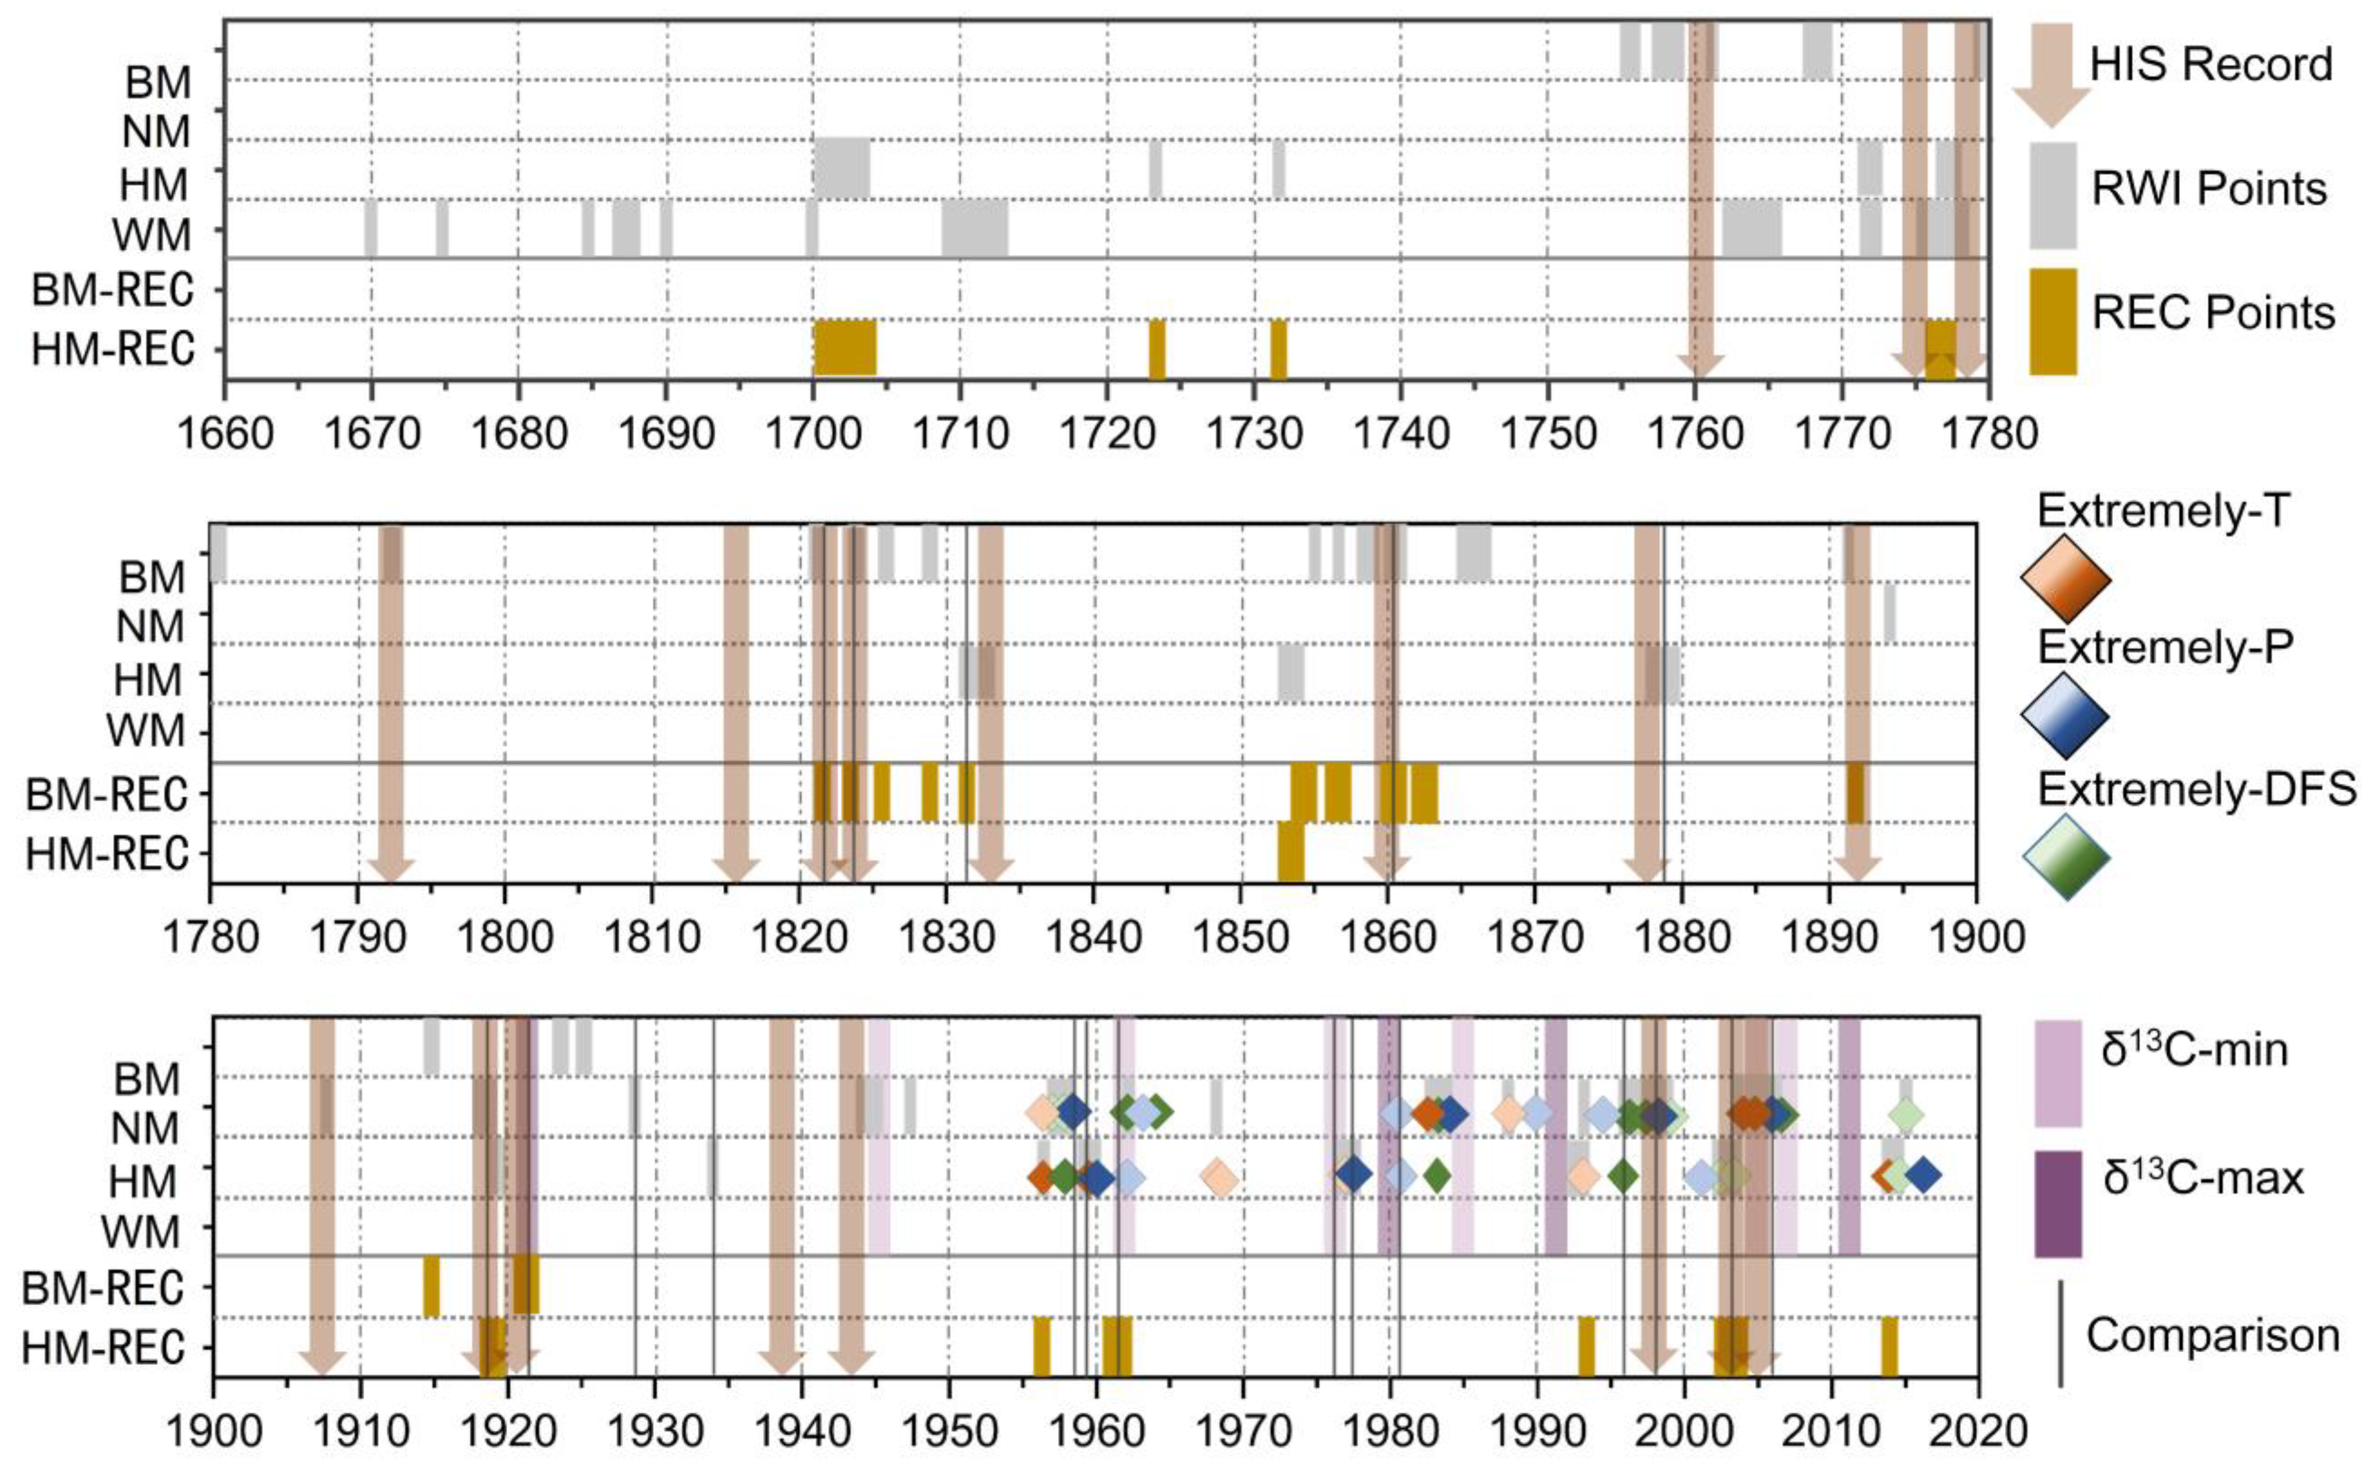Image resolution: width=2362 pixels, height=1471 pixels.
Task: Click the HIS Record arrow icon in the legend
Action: (2051, 76)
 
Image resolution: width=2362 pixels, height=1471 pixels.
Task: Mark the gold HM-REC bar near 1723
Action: (1156, 347)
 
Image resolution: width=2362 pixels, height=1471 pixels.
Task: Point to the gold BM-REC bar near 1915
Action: (431, 1286)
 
